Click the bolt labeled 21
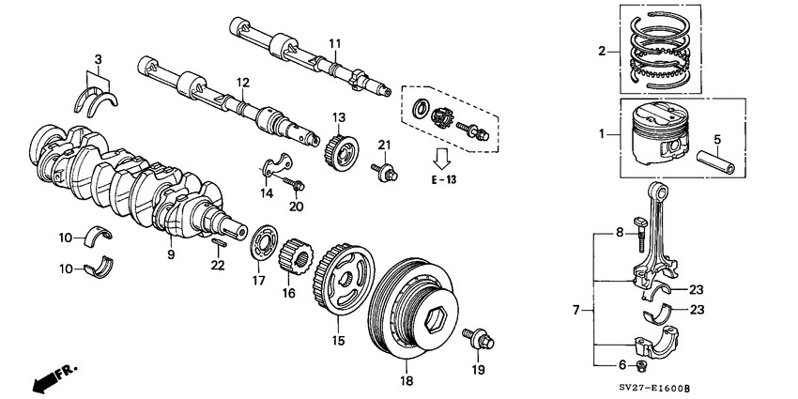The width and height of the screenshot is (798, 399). pos(382,172)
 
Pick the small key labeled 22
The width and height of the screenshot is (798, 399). pos(218,242)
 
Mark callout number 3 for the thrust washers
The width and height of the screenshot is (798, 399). pos(96,59)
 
